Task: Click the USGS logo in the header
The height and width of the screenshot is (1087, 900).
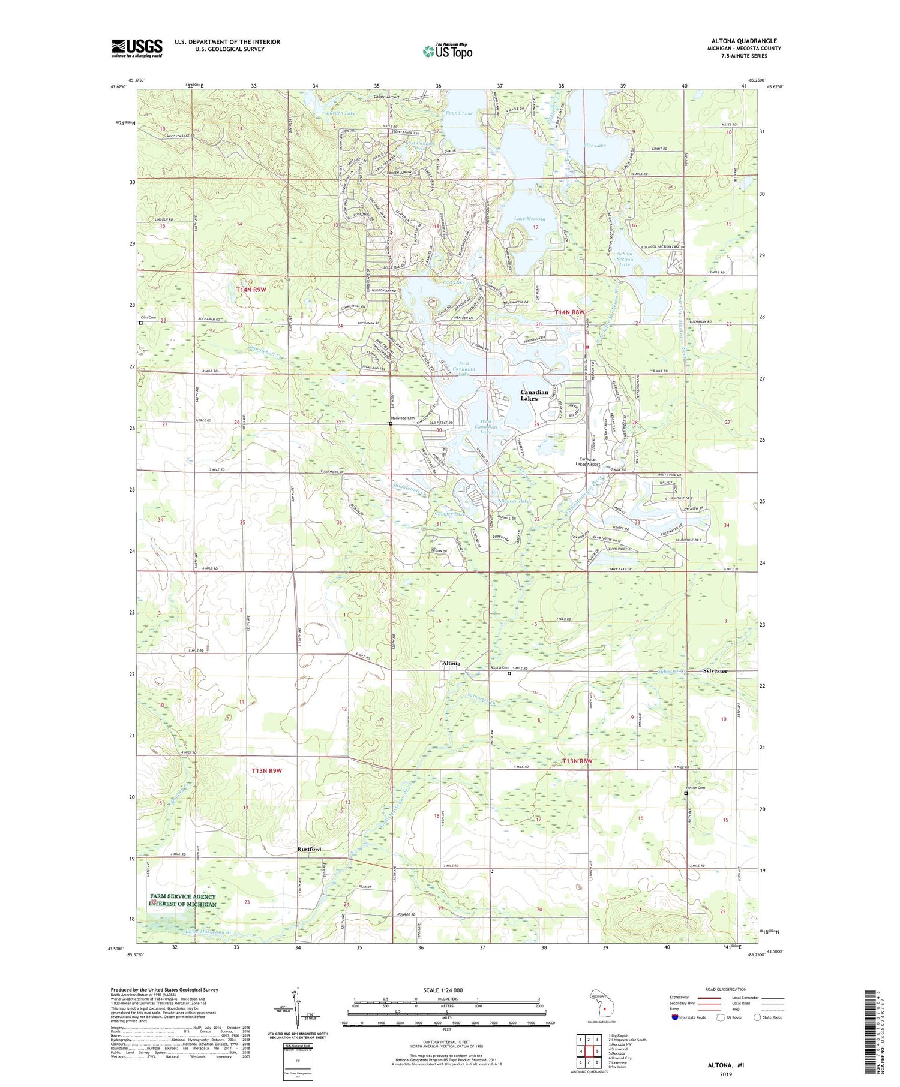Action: click(137, 48)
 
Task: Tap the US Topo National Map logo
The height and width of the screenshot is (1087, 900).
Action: click(447, 51)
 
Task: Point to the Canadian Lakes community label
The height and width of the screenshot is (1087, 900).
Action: click(533, 395)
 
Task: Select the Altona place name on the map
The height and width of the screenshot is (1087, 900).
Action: click(451, 663)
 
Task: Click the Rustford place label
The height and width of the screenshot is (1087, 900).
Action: click(309, 849)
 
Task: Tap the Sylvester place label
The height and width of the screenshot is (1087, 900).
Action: click(715, 671)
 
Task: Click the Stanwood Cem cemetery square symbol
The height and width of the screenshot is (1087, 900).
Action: click(391, 423)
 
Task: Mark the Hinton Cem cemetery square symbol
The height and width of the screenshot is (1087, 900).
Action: click(686, 793)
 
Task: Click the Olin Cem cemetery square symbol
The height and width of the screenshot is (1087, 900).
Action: click(141, 323)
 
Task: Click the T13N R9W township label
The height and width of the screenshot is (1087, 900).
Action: click(266, 770)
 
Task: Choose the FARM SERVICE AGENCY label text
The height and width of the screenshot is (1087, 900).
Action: click(182, 896)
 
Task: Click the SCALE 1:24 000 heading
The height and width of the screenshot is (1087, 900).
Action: click(443, 990)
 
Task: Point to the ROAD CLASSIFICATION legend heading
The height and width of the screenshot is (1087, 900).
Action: click(726, 989)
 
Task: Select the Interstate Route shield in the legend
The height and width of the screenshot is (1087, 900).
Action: click(675, 1017)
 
